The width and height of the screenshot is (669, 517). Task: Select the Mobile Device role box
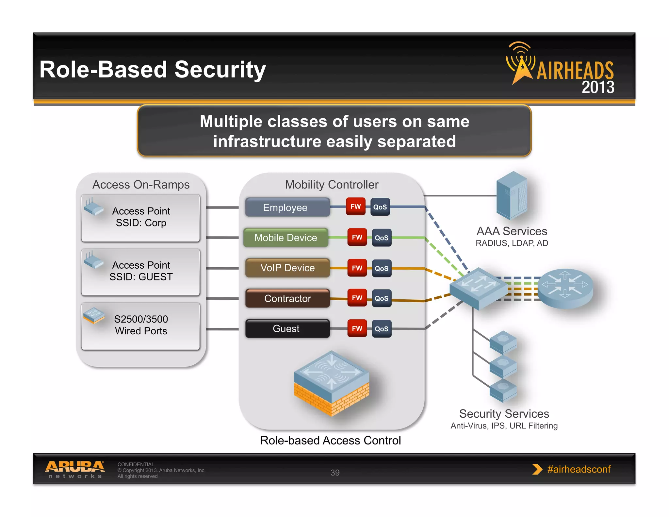pos(286,238)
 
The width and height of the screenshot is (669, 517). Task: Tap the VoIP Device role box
pos(287,268)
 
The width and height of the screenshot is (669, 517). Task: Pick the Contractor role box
pos(287,298)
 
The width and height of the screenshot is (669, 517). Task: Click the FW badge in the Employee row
pos(355,207)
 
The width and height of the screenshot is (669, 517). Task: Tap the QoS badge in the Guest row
pos(381,329)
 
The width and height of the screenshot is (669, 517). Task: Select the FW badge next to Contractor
pos(357,298)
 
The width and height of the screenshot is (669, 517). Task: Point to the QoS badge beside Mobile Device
pos(381,238)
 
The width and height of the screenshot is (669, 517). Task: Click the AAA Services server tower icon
pos(512,195)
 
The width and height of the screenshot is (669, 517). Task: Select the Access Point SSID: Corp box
pos(140,218)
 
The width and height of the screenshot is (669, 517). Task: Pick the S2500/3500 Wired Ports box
pos(140,325)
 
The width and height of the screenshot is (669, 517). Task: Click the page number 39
pos(335,473)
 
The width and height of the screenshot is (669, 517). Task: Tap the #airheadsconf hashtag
pos(579,469)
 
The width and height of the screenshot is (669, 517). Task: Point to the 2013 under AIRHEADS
pos(597,88)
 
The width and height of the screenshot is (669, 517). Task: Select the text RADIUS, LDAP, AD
pos(512,243)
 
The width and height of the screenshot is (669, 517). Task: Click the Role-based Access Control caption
pos(330,441)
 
